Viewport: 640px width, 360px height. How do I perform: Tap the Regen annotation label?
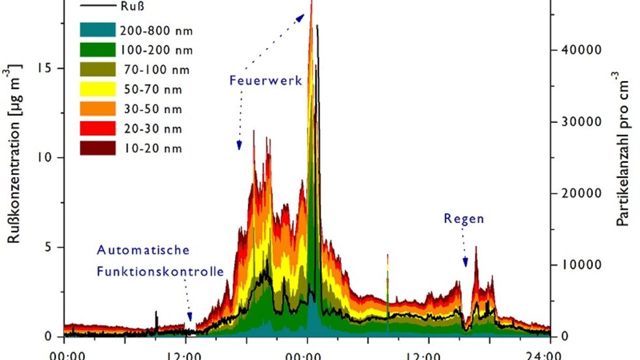pos(464,219)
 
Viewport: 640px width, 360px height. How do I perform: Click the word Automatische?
pos(143,250)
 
